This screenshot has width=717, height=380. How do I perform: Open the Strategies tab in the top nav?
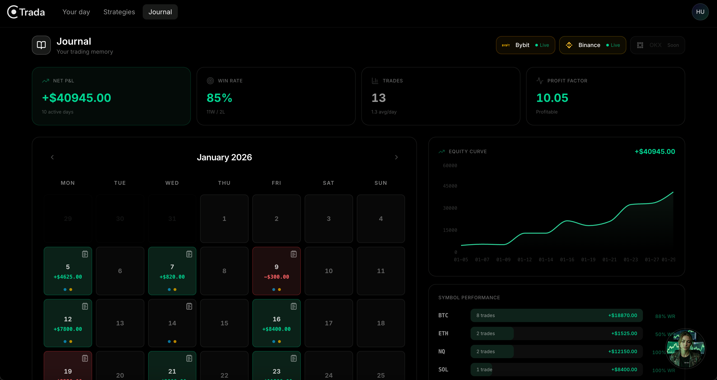coord(119,12)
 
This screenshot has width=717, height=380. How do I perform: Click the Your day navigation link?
coord(76,12)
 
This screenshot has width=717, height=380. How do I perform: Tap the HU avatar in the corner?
coord(700,12)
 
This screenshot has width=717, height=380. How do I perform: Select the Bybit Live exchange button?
coord(525,45)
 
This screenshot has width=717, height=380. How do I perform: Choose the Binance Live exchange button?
coord(592,45)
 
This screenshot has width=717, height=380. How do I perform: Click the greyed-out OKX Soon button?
coord(657,45)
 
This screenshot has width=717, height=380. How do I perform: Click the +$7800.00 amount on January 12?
coord(68,329)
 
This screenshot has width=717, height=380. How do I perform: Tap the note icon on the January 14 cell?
coord(189,306)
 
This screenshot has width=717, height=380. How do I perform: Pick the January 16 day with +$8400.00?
coord(276,323)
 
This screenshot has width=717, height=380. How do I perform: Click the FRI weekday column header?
coord(276,183)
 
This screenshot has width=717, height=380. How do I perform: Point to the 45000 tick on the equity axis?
coord(450,186)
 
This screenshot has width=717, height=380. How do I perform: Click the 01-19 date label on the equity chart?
coord(588,259)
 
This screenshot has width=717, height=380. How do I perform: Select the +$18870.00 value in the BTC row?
coord(622,315)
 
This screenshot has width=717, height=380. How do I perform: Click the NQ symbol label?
coord(442,351)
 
